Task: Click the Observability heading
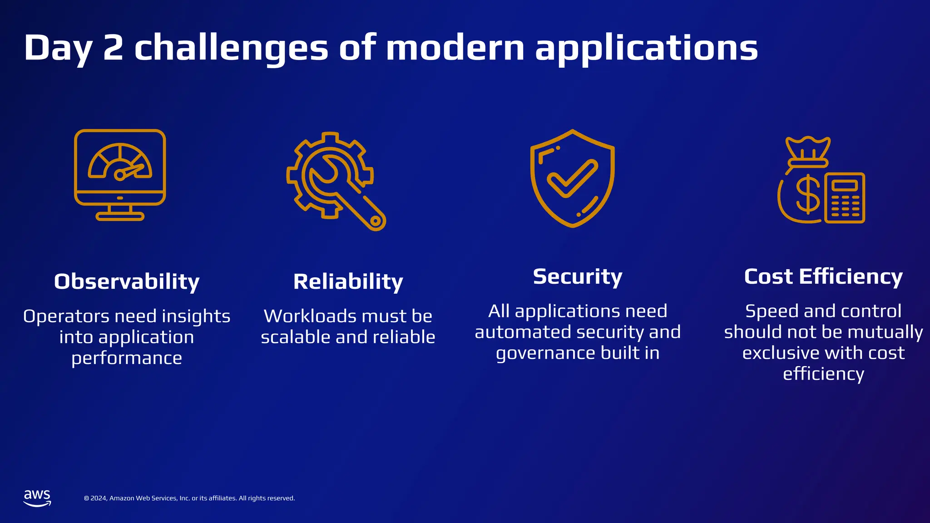pos(127,281)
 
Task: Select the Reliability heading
pos(348,281)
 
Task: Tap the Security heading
pos(577,276)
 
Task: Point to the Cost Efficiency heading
pos(823,276)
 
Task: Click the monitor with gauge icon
pos(120,175)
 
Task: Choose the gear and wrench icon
pos(336,181)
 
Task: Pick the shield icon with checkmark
pos(572,178)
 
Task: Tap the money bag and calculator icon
pos(821,180)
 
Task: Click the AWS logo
pos(37,498)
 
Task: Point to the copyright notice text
pos(189,498)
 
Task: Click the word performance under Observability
pos(127,358)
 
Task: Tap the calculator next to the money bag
pos(845,198)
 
